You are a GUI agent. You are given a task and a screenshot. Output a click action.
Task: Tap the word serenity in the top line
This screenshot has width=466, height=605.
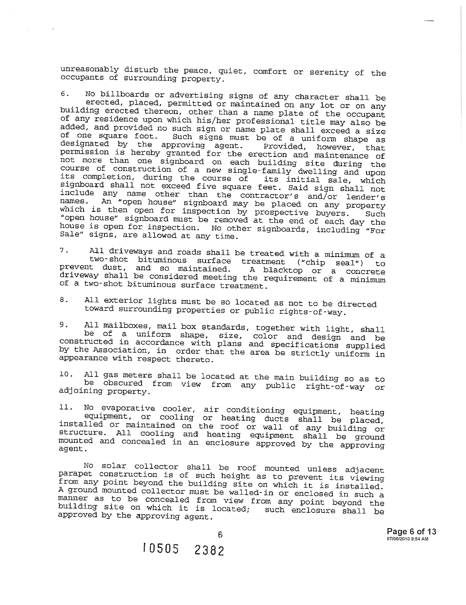coord(329,72)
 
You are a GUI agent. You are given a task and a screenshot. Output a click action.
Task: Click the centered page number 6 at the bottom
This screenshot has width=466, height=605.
coord(220,535)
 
